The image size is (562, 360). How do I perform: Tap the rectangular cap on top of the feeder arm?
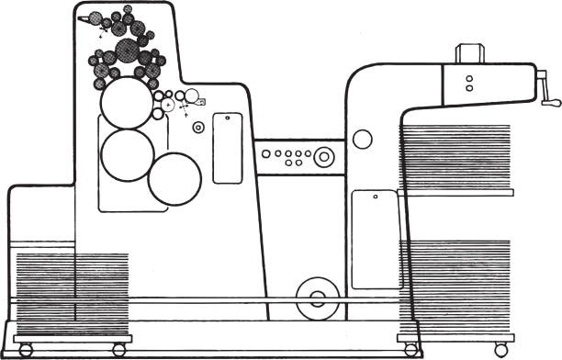coord(468,54)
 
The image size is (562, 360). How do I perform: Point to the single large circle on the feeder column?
coord(363,140)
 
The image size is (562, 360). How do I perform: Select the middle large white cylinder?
coord(127,154)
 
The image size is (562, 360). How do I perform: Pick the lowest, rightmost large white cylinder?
coord(174,178)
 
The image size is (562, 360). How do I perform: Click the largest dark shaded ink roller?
coord(136,28)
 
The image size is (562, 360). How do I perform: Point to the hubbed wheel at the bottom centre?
coord(318,298)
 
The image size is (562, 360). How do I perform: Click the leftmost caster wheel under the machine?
coord(25,350)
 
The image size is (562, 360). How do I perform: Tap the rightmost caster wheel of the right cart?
coord(500,350)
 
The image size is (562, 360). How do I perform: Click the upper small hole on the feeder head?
coord(468,78)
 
